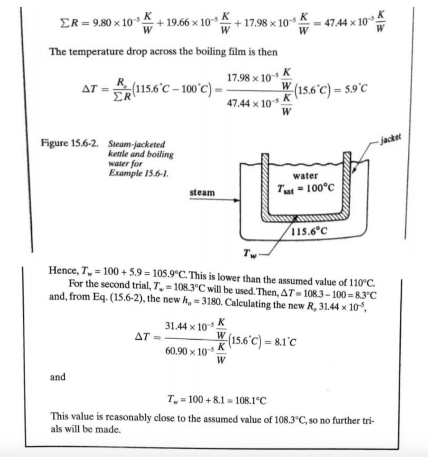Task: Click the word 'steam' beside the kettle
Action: click(202, 193)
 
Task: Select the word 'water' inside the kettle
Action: click(306, 176)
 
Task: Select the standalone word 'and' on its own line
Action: click(58, 377)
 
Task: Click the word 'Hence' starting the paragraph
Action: click(61, 270)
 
